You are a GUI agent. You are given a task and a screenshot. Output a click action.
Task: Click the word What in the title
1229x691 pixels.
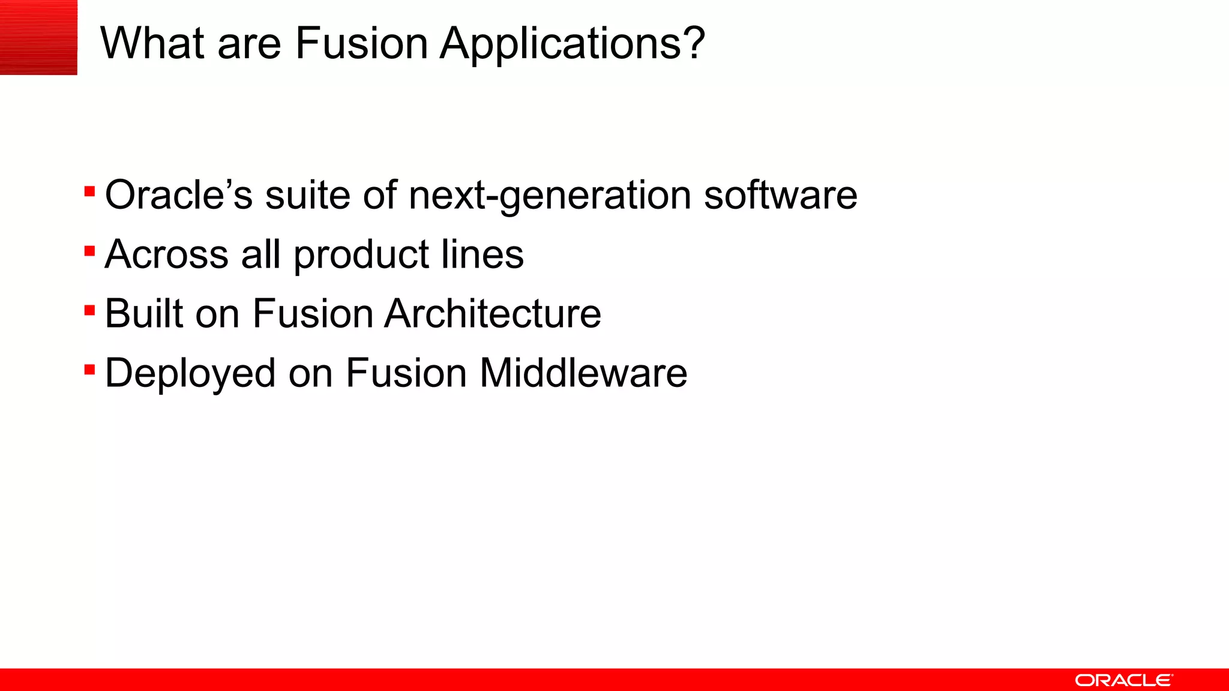coord(153,43)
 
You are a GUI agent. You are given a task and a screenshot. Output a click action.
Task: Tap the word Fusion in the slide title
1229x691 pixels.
coord(361,43)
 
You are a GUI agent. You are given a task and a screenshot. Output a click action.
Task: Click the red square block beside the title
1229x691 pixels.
coord(38,37)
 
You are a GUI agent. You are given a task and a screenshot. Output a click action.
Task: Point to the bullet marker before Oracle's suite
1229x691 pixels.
coord(90,192)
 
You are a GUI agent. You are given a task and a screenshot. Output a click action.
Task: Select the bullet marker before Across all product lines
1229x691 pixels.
coord(90,251)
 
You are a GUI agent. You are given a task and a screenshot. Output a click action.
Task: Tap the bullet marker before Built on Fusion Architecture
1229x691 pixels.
coord(90,310)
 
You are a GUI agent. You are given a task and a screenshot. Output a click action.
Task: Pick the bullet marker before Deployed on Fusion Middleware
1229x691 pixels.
coord(90,369)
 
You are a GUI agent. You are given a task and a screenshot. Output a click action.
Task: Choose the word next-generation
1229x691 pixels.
coord(550,196)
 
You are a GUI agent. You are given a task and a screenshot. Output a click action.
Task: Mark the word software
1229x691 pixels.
coord(780,195)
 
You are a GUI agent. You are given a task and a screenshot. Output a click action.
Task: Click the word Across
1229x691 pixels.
coord(166,254)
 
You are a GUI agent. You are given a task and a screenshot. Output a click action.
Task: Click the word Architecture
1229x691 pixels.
coord(493,314)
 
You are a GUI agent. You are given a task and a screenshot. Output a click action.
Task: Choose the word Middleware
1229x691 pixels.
coord(583,373)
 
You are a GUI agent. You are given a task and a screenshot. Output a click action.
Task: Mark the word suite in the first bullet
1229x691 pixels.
coord(307,195)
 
